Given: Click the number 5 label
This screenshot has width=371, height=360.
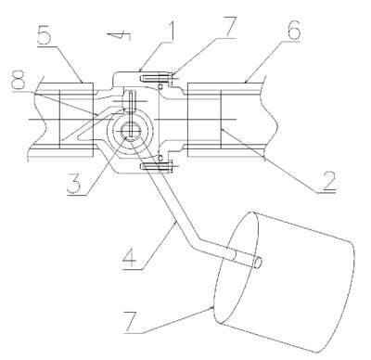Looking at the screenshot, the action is point(44,36).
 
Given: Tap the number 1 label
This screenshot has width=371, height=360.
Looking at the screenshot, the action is point(171,31).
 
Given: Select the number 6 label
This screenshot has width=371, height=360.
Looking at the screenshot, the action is point(293,29).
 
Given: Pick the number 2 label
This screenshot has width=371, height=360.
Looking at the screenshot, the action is point(328,181).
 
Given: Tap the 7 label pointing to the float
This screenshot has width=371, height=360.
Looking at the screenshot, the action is point(132,322).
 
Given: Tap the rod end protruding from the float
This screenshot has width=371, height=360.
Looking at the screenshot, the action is point(258,263).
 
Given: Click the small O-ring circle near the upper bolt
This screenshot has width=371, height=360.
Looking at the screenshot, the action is point(160,87).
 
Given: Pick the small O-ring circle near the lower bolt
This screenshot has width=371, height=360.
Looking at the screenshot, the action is point(160,158).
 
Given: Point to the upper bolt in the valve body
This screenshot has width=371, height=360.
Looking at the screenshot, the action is point(156,76).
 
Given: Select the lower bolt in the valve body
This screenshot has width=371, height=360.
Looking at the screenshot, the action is point(156,167).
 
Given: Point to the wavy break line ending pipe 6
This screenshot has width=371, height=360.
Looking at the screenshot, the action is point(270,118).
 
